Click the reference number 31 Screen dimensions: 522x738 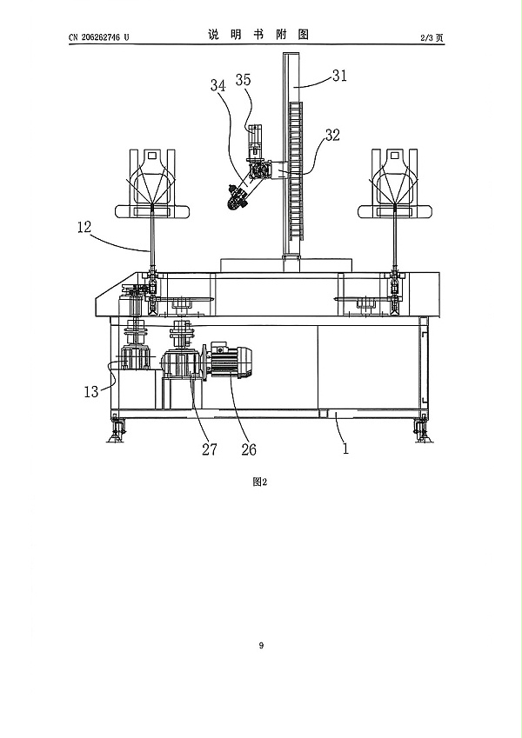tap(339, 76)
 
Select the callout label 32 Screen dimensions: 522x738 tap(332, 135)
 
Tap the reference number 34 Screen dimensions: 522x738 tap(218, 86)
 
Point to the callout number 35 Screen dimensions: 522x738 tap(243, 80)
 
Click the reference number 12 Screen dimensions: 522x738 tap(84, 228)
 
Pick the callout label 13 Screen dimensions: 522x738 tap(91, 391)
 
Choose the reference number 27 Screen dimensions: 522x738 tap(210, 449)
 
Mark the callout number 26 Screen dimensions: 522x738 tap(249, 449)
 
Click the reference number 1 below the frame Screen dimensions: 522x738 tap(345, 449)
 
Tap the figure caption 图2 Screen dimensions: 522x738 tap(260, 482)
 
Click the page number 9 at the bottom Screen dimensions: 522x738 tap(261, 645)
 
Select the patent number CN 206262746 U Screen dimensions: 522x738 tap(98, 37)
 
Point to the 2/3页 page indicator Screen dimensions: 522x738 tap(432, 37)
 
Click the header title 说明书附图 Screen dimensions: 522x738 tap(258, 35)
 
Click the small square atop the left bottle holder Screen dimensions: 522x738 tap(151, 155)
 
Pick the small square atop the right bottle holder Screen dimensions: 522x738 tap(394, 155)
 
